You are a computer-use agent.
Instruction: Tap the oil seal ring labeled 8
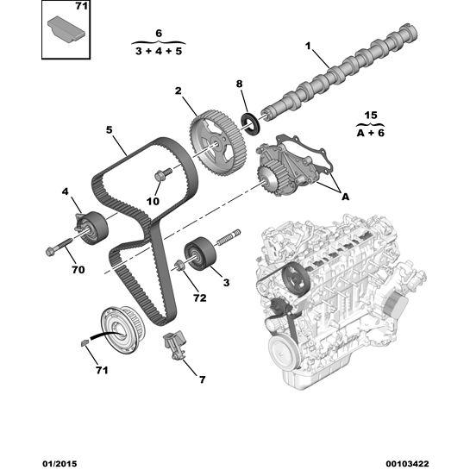(252, 122)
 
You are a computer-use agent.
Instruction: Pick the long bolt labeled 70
(58, 250)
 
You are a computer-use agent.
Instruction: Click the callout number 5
(110, 131)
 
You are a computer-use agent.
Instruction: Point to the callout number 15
(372, 116)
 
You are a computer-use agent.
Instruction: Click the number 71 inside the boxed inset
(80, 7)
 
